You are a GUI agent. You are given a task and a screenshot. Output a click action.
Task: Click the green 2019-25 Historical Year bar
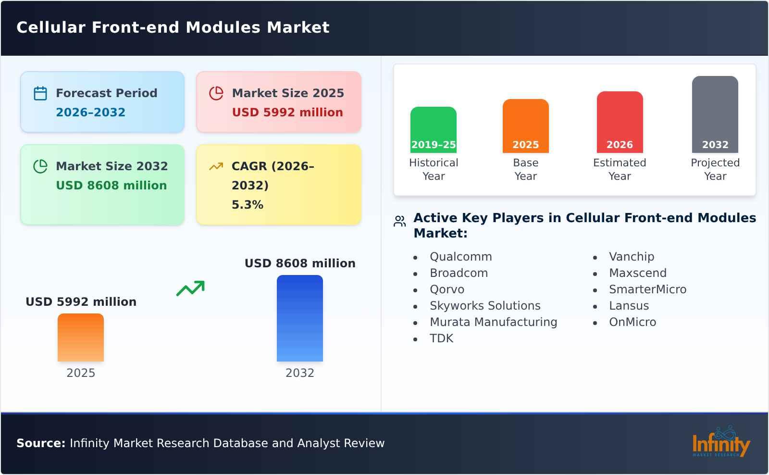click(x=433, y=129)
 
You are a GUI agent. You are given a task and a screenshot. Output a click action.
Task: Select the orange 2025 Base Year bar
click(x=525, y=125)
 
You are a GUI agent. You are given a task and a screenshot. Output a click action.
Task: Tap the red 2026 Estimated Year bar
click(x=620, y=122)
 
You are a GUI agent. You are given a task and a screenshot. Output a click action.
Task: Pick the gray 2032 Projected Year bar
click(x=715, y=114)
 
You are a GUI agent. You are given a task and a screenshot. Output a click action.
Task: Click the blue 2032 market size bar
click(x=299, y=318)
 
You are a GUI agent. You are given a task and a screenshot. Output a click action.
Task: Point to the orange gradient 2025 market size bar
click(x=81, y=337)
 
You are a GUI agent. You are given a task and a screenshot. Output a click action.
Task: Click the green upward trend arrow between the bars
click(x=190, y=288)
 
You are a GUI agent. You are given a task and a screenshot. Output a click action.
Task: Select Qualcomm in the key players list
click(x=460, y=257)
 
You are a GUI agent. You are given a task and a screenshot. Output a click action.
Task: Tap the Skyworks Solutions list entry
click(x=484, y=306)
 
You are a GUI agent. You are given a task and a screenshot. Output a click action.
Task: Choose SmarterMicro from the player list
click(x=647, y=289)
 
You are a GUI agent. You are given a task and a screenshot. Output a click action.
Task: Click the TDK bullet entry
click(x=441, y=338)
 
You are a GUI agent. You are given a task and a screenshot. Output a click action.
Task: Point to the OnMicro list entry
click(x=632, y=322)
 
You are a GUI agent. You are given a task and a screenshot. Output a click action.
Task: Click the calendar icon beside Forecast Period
click(x=40, y=93)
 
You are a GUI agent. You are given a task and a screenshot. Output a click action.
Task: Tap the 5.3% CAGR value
click(x=247, y=205)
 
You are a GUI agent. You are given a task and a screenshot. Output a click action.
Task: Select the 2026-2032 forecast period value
click(x=90, y=112)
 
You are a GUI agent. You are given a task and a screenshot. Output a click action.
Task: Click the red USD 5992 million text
click(x=287, y=112)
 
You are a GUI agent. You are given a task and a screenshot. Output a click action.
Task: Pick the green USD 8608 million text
click(x=111, y=186)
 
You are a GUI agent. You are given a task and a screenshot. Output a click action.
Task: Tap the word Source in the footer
click(x=40, y=443)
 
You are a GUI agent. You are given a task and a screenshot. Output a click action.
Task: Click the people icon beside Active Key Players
click(x=399, y=221)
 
